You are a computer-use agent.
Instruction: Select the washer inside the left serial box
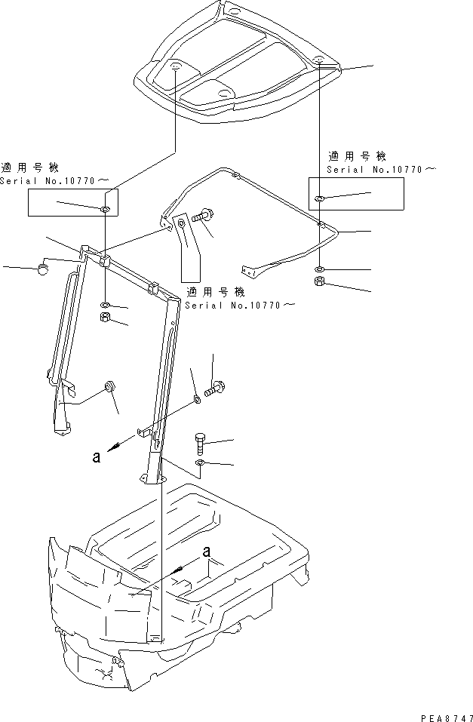[104, 208]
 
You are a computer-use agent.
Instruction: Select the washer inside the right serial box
[320, 198]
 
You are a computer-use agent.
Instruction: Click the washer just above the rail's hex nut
[320, 269]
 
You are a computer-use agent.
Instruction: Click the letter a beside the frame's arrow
[97, 456]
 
